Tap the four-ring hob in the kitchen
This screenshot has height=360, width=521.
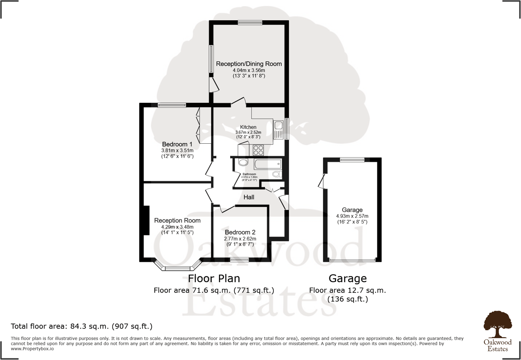258,150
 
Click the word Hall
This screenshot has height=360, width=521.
249,197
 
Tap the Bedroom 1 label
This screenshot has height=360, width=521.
177,144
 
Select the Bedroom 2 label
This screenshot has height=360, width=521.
240,232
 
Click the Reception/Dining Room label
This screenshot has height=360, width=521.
249,64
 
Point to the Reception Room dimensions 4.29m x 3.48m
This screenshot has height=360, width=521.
177,227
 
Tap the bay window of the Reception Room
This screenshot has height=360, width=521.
178,268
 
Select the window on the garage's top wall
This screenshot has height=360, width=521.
352,160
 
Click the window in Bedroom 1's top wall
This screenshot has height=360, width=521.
172,105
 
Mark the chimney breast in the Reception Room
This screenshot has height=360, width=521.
146,221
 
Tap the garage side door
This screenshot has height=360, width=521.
322,181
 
